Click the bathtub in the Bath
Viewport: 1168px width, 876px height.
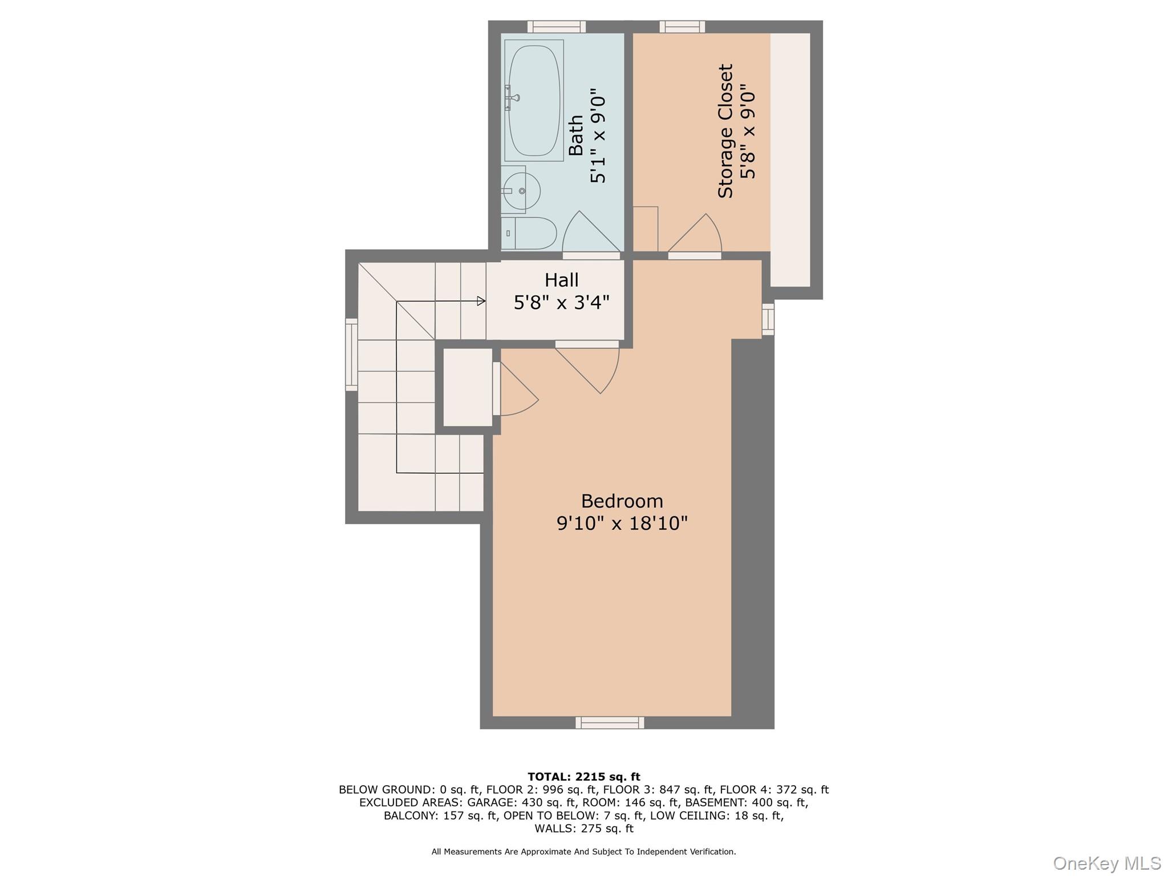(534, 100)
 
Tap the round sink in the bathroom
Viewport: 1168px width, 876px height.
(521, 190)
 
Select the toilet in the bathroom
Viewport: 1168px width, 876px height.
(529, 233)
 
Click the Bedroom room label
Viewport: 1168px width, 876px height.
(622, 501)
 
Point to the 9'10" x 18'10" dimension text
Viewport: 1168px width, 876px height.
(622, 523)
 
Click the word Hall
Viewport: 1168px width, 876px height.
(562, 280)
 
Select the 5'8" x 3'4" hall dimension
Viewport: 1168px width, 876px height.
(562, 302)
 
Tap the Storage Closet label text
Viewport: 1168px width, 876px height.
(725, 131)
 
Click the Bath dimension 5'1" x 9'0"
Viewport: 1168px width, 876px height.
(598, 135)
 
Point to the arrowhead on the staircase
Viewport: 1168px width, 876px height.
(481, 301)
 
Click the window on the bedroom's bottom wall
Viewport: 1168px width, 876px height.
(610, 723)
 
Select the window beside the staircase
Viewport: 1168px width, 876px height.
(351, 354)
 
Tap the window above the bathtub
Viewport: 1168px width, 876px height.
(556, 27)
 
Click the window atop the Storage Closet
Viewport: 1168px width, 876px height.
(682, 27)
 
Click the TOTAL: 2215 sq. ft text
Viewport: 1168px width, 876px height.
(584, 777)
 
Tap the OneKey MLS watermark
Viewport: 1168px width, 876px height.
(1107, 863)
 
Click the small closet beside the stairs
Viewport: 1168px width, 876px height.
(468, 387)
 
